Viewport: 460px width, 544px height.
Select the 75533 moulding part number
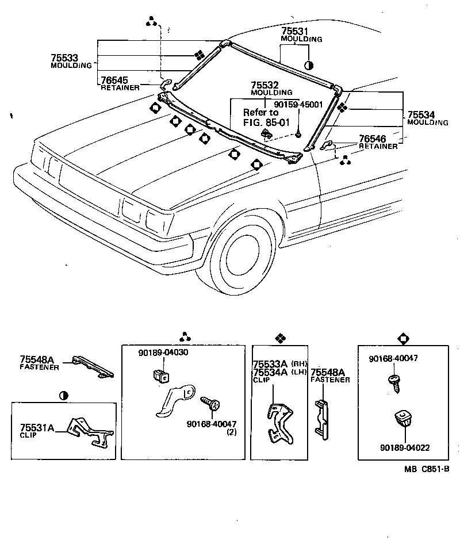(64, 58)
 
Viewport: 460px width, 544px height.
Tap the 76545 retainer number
(114, 81)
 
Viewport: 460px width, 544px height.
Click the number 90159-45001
(298, 105)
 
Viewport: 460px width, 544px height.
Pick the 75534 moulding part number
(422, 115)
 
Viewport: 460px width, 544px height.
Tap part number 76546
(372, 139)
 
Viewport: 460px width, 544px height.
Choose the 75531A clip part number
(37, 427)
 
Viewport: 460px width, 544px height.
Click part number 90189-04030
(163, 352)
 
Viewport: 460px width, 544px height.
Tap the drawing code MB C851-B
(427, 469)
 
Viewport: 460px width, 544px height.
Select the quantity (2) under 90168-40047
(216, 431)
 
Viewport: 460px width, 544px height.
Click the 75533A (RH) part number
(271, 364)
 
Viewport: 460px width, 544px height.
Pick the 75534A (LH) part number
(271, 372)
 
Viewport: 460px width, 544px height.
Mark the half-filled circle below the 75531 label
(309, 65)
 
